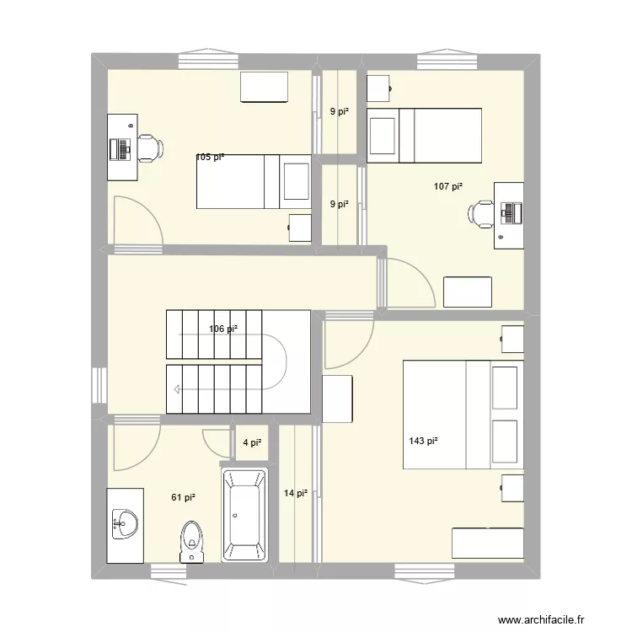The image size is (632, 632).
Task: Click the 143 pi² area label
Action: pyautogui.click(x=423, y=440)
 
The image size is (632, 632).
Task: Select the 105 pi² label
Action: pyautogui.click(x=210, y=157)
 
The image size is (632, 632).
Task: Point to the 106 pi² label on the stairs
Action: pyautogui.click(x=222, y=329)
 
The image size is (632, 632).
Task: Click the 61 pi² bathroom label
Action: pyautogui.click(x=184, y=497)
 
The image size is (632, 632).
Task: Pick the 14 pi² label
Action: pyautogui.click(x=295, y=493)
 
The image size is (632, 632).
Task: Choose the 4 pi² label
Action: pyautogui.click(x=252, y=442)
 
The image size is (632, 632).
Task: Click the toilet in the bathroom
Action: pyautogui.click(x=193, y=541)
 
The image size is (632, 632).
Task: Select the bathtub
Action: pyautogui.click(x=244, y=516)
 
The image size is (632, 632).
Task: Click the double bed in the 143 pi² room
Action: pyautogui.click(x=463, y=415)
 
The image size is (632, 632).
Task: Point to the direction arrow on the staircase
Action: pyautogui.click(x=178, y=389)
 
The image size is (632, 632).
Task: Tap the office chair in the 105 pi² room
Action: pyautogui.click(x=149, y=147)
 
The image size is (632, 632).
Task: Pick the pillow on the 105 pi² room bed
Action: pyautogui.click(x=296, y=181)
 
